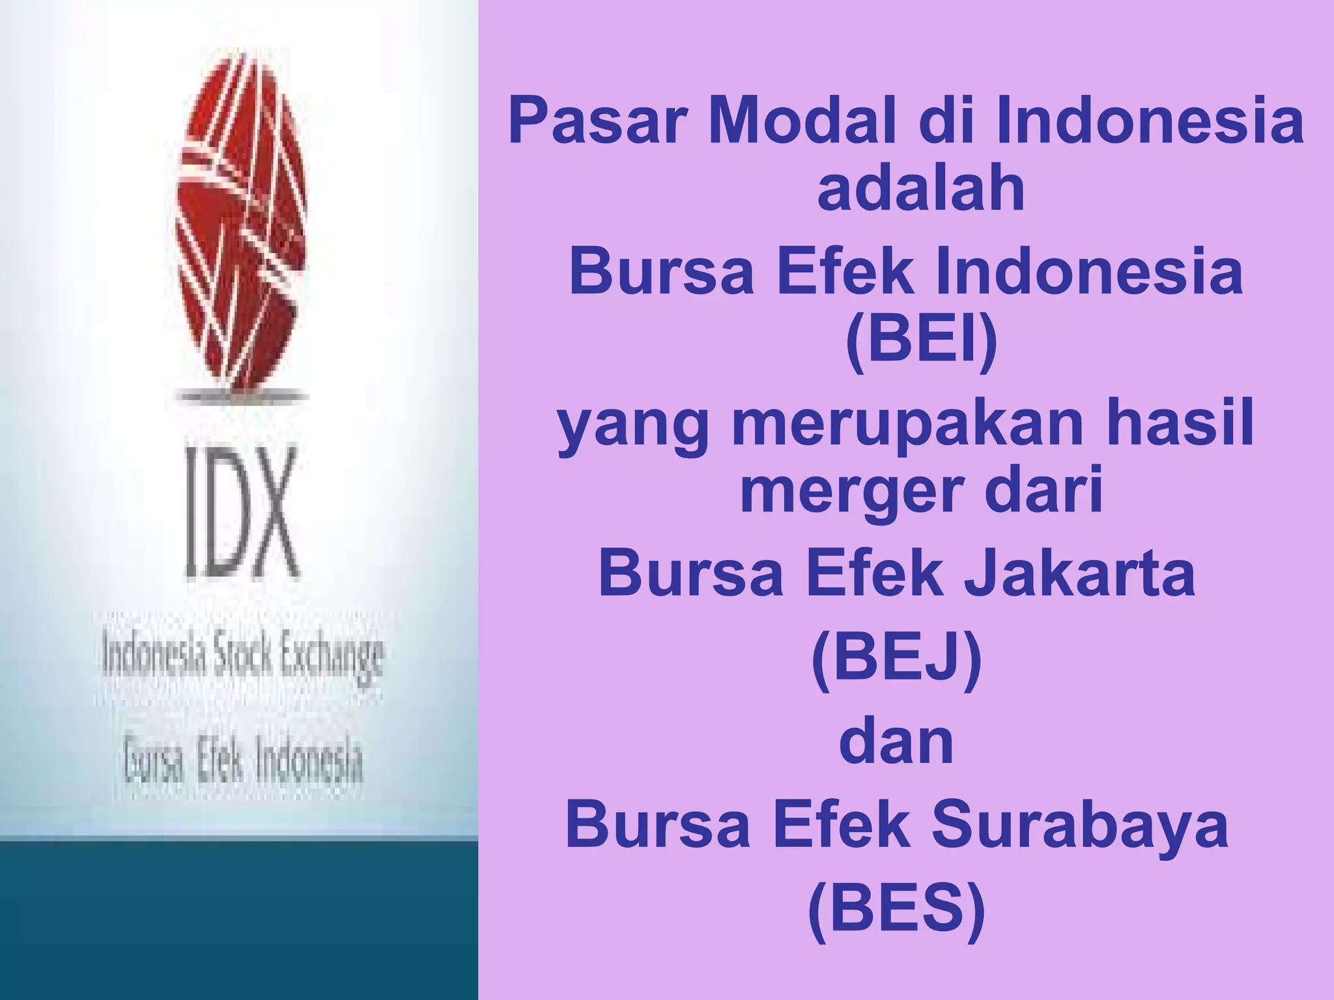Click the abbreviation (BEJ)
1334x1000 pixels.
pyautogui.click(x=896, y=660)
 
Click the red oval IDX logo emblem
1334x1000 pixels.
pyautogui.click(x=241, y=221)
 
